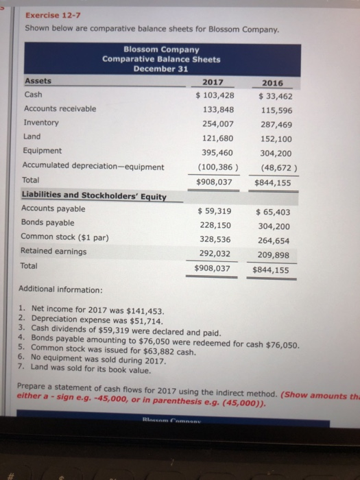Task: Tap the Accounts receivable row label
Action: (60, 108)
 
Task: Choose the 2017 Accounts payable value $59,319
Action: (214, 211)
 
